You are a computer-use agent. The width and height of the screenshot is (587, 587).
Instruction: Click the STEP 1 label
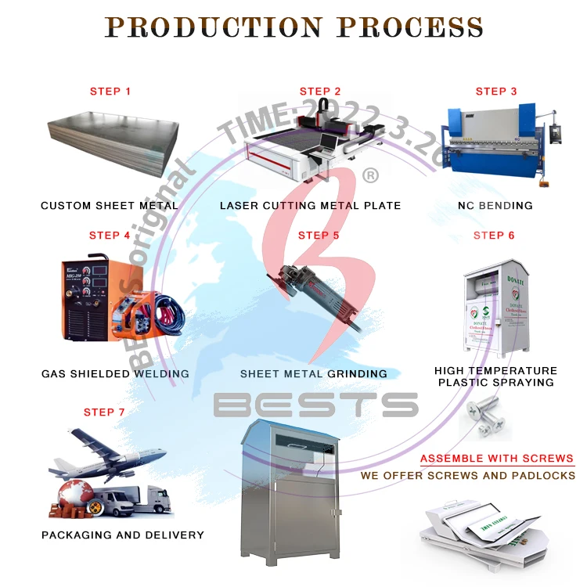click(x=110, y=92)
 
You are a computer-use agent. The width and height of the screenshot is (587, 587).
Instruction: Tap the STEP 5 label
click(x=319, y=236)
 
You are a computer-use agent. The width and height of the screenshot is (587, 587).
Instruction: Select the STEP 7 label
click(x=105, y=412)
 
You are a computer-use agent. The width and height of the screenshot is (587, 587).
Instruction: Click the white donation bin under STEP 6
click(x=495, y=308)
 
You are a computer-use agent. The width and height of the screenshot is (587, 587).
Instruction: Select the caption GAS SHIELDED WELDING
click(x=115, y=374)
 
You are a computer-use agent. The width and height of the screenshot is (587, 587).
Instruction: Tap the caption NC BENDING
click(x=495, y=206)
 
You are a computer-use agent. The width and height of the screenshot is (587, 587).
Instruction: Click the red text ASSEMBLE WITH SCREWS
click(x=497, y=459)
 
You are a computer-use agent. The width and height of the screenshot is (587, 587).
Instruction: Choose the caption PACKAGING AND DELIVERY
click(x=123, y=535)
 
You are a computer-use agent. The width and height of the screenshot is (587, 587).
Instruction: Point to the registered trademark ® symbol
click(x=370, y=176)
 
